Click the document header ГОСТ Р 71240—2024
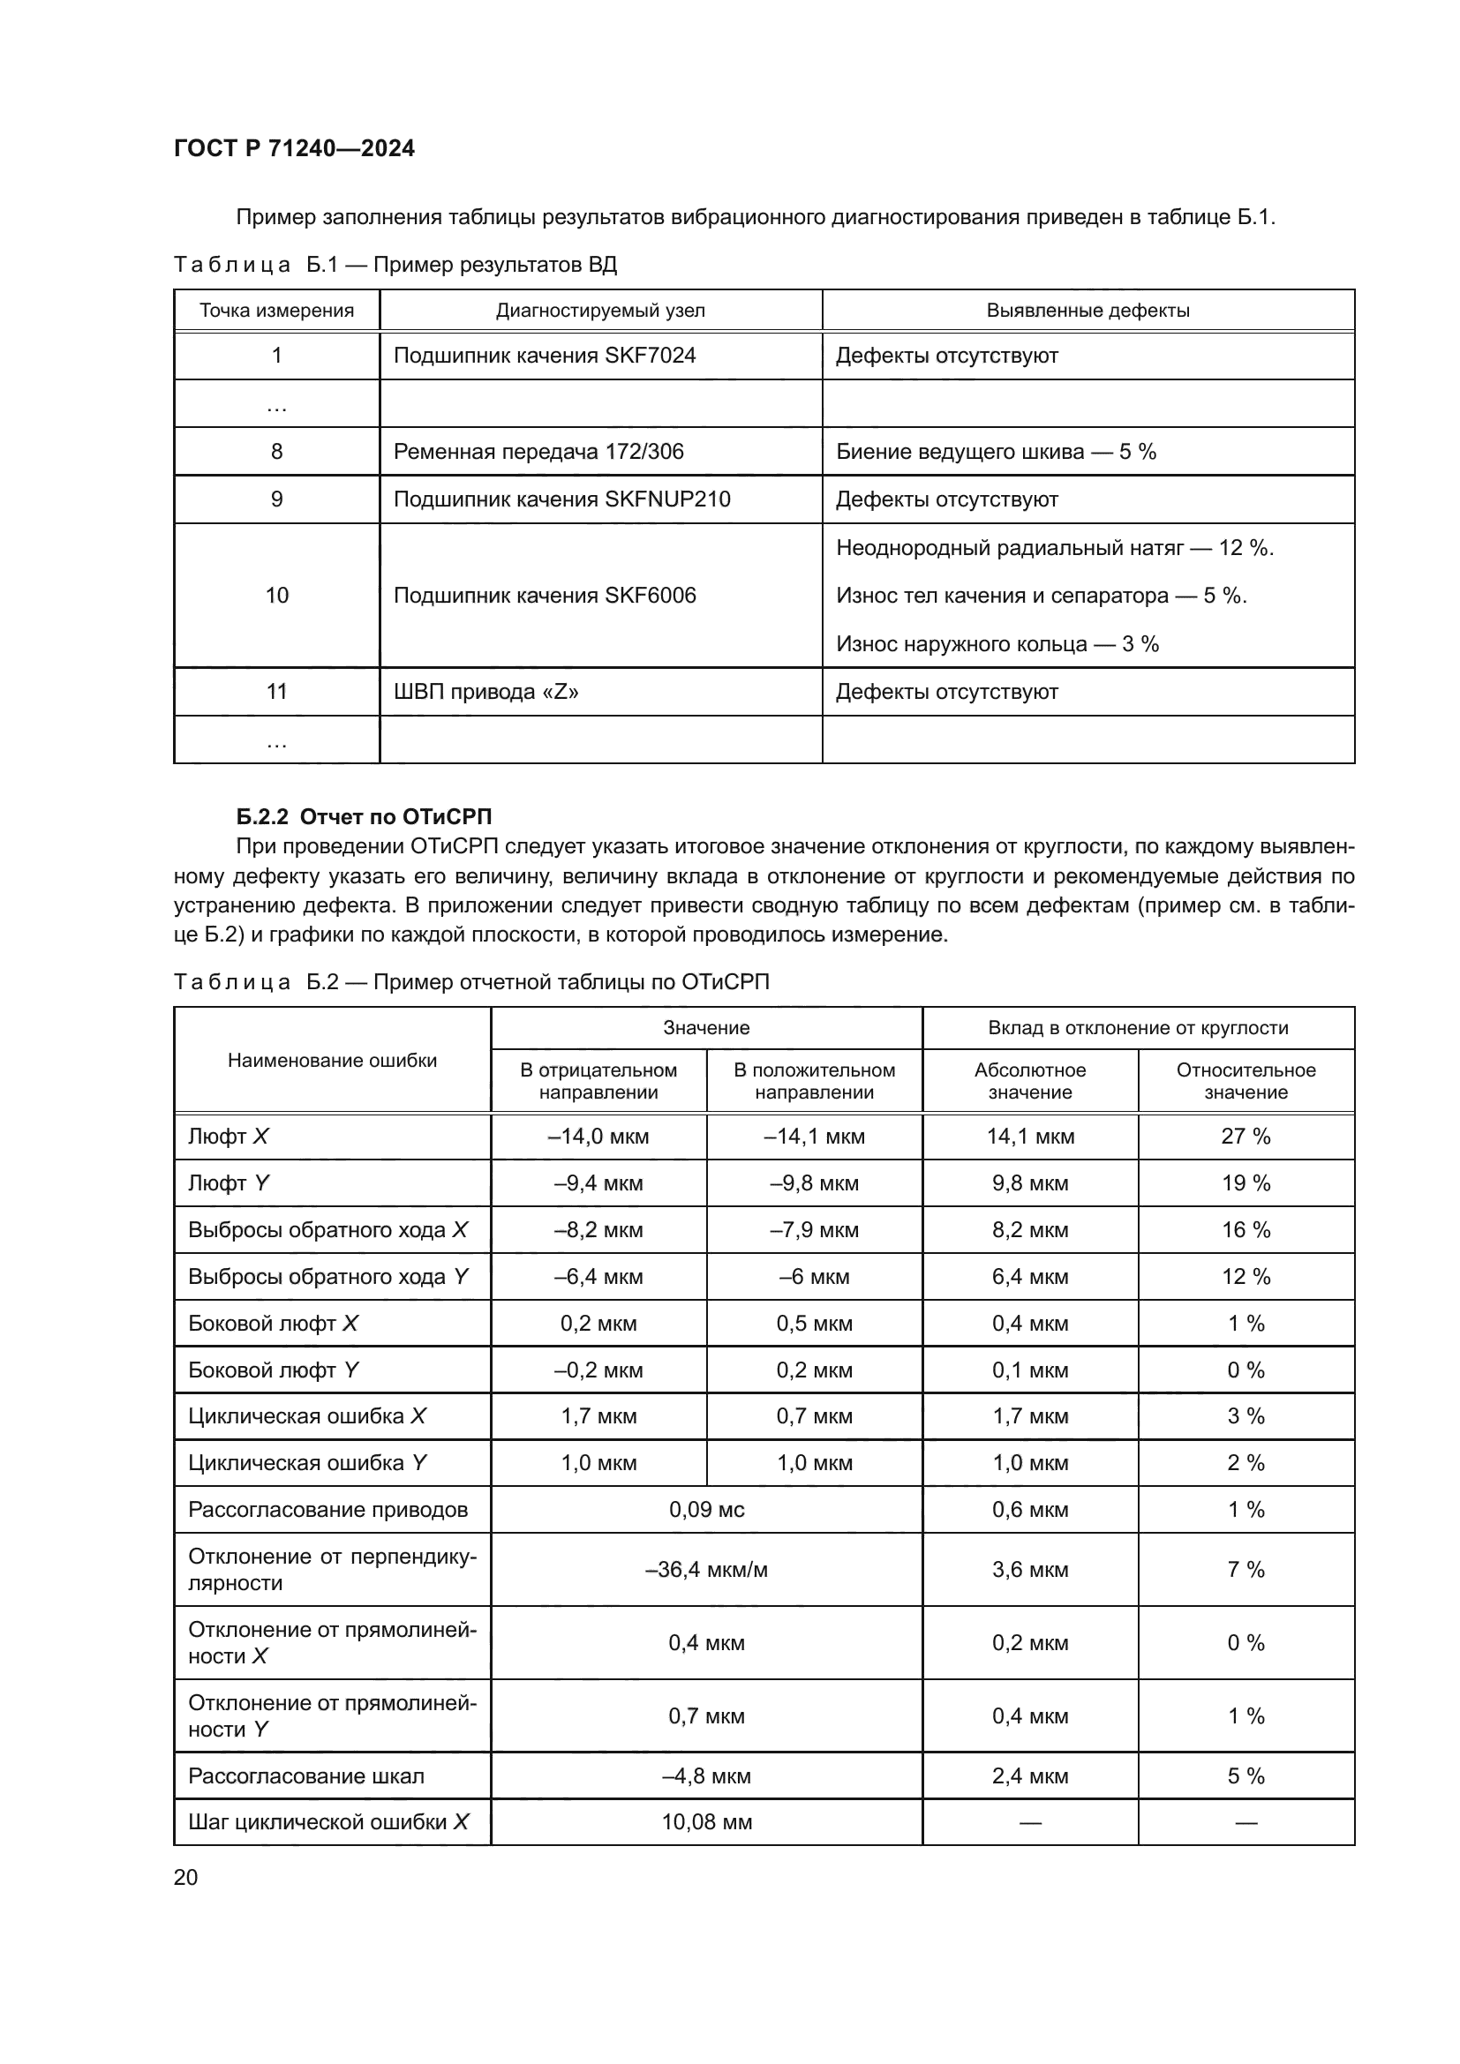294,148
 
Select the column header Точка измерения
276,311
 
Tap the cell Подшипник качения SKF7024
544,356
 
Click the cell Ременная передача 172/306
538,452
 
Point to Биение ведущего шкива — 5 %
995,452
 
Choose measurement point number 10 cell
276,595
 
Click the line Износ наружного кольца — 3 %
997,643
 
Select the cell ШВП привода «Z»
485,692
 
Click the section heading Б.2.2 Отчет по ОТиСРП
364,816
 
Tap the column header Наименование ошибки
332,1061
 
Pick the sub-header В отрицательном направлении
598,1082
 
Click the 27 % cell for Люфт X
1246,1137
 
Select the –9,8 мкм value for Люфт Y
814,1183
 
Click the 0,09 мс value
706,1510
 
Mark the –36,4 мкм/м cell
706,1570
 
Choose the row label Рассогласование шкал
305,1776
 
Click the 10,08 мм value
706,1822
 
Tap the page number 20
185,1878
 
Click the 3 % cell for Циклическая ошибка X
1246,1415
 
